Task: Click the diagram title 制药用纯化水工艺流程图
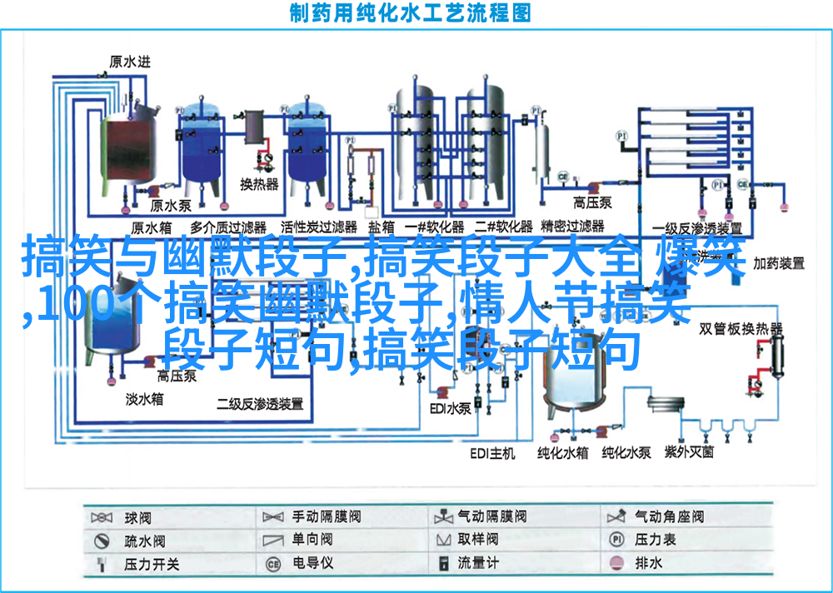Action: pos(410,13)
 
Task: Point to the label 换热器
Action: pos(259,183)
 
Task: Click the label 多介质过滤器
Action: pos(227,227)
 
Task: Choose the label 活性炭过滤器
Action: pos(318,227)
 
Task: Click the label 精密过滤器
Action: pos(572,226)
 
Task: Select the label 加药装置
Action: pos(779,263)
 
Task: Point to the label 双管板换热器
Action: pos(740,327)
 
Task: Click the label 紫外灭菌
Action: pos(688,452)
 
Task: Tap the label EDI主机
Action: pos(491,453)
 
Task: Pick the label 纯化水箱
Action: pos(562,453)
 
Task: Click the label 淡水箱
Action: pos(144,399)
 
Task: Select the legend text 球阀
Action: pos(137,517)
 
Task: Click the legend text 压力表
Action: pos(654,540)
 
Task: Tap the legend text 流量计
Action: pos(478,563)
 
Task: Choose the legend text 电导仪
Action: pos(312,563)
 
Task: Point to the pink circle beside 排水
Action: pos(616,563)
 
